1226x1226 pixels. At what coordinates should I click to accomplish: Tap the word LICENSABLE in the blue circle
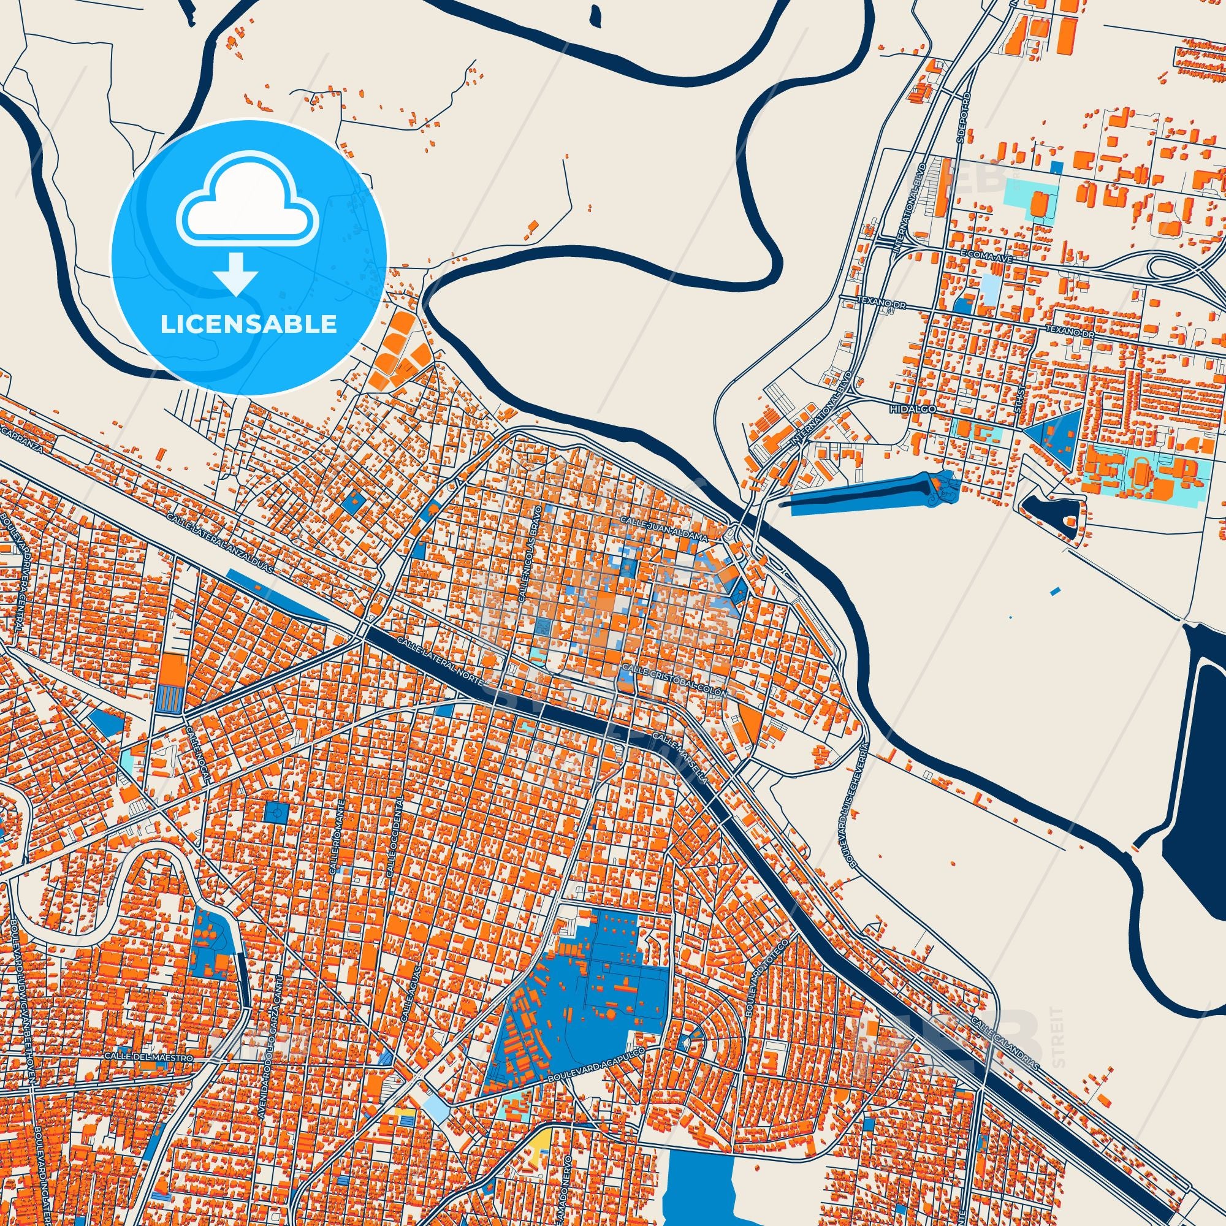coord(248,324)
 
